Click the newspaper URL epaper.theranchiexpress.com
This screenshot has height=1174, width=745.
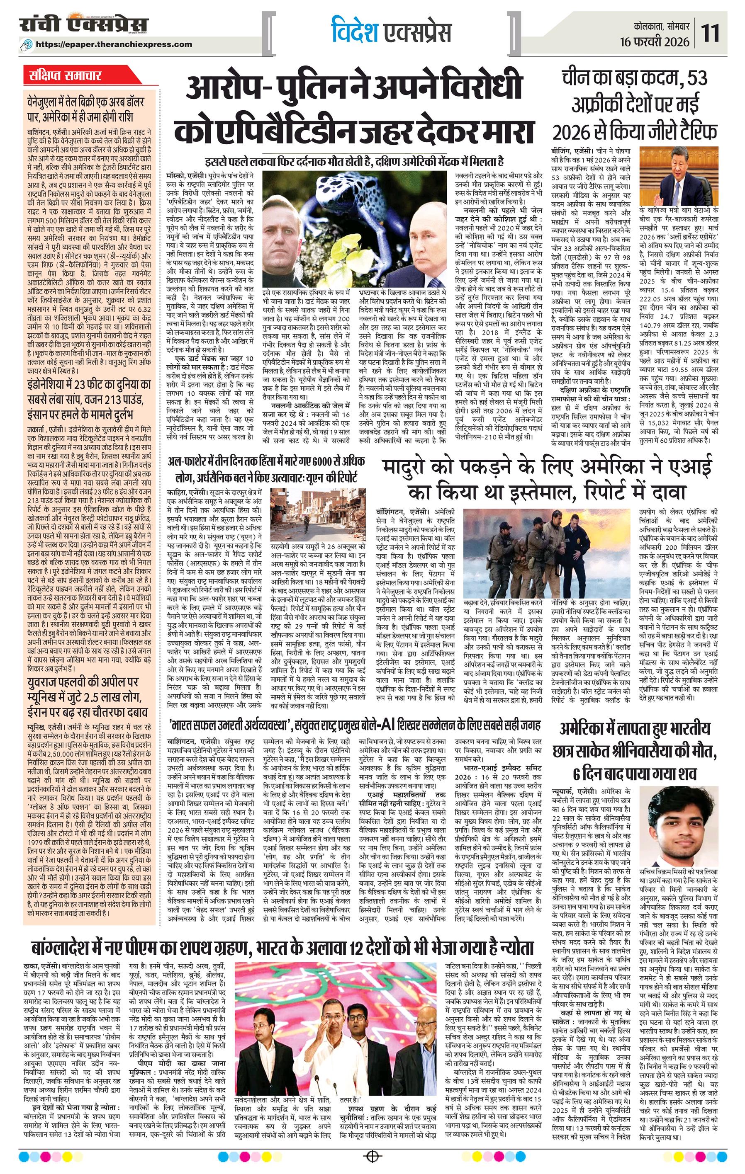pos(121,44)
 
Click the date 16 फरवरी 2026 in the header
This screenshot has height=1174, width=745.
pos(655,42)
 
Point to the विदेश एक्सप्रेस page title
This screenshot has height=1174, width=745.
pos(390,32)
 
